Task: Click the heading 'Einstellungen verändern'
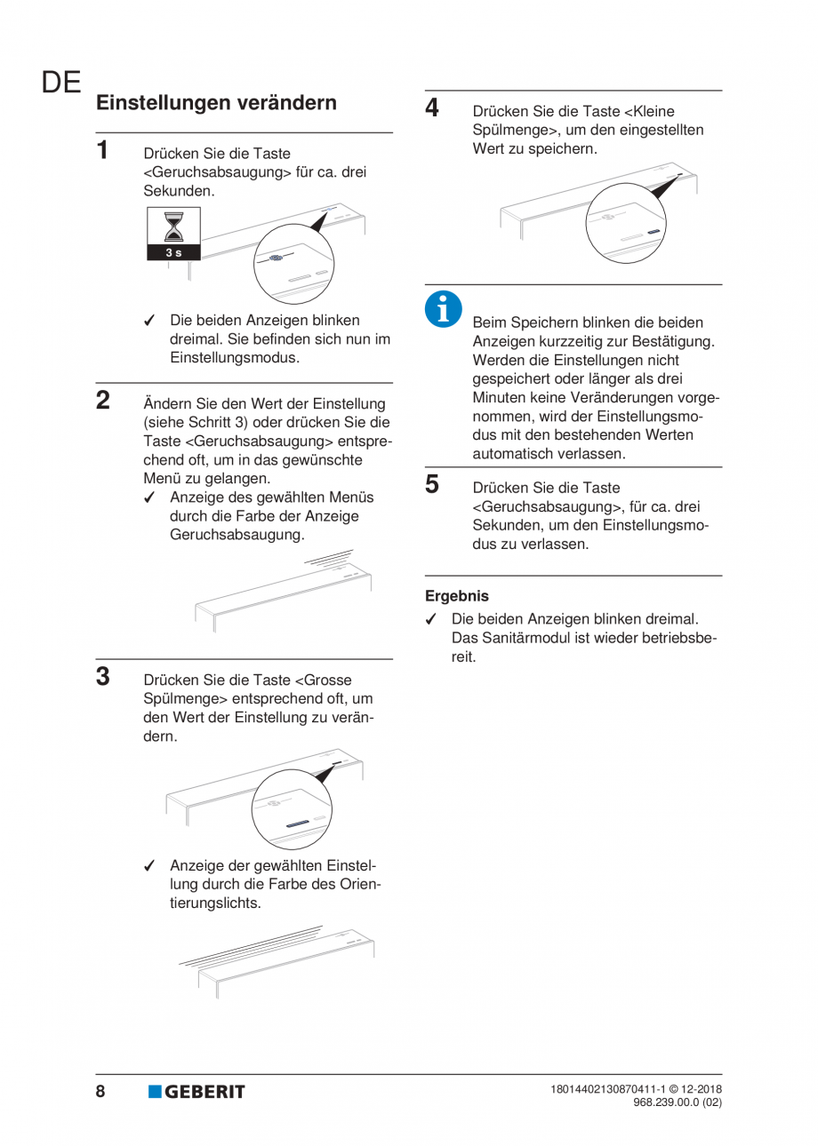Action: (216, 103)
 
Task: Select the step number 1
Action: (103, 149)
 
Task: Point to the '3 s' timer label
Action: (175, 253)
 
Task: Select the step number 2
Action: (103, 399)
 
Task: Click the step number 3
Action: (103, 675)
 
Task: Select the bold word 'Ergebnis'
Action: (457, 597)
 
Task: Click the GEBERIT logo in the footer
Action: (196, 1092)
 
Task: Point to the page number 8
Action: (100, 1091)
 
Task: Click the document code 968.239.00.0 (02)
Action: (677, 1102)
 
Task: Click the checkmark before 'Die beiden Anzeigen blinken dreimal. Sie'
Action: (151, 321)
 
